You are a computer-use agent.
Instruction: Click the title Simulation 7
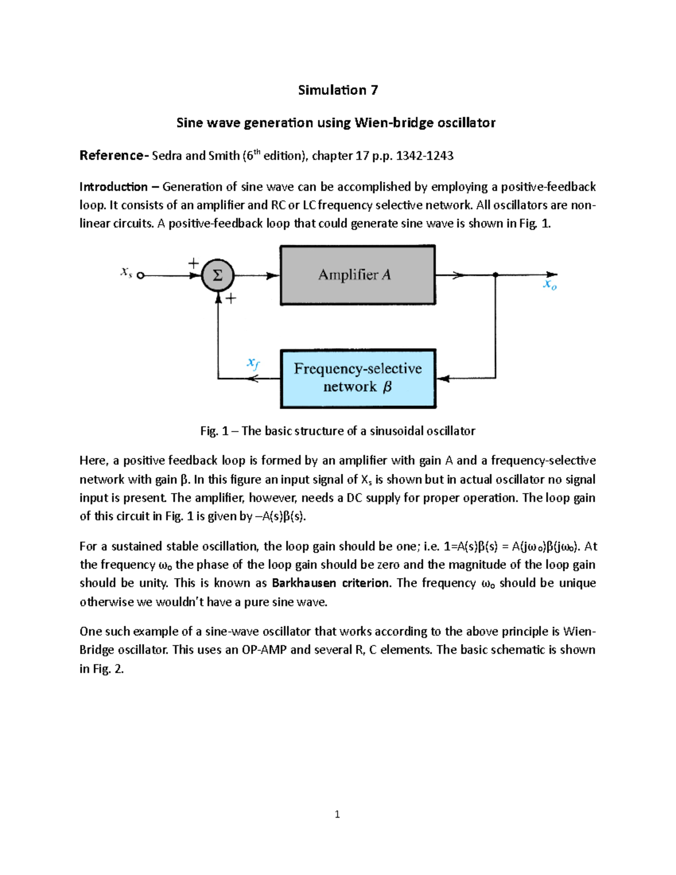(337, 90)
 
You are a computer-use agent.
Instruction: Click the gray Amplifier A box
(358, 275)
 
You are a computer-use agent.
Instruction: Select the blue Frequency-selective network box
(358, 378)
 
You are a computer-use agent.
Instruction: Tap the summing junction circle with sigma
(217, 276)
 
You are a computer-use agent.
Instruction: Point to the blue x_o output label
(549, 286)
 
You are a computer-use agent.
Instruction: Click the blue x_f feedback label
(253, 363)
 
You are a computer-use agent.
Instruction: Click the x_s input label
(126, 272)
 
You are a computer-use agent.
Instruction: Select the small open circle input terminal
(141, 276)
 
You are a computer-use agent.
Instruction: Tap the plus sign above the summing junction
(193, 263)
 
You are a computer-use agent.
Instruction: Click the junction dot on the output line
(495, 275)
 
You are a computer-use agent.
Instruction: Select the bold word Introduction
(113, 186)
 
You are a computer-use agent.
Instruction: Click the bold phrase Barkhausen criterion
(330, 583)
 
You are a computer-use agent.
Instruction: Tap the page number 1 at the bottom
(337, 814)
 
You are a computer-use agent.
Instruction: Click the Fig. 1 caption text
(337, 431)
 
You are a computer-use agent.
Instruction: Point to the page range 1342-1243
(425, 156)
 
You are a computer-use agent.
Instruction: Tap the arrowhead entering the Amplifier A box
(274, 276)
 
